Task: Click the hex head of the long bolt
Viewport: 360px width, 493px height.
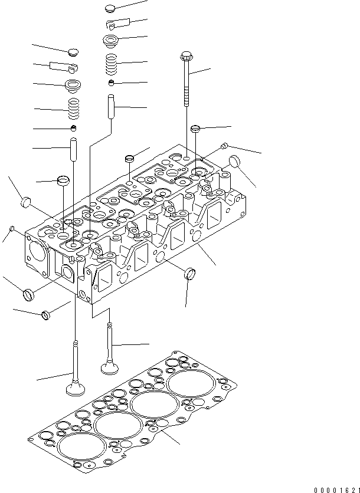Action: (186, 57)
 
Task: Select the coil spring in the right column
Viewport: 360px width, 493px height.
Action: (111, 62)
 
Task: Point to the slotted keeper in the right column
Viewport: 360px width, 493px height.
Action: (114, 24)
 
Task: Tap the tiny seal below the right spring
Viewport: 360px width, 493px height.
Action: (110, 82)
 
